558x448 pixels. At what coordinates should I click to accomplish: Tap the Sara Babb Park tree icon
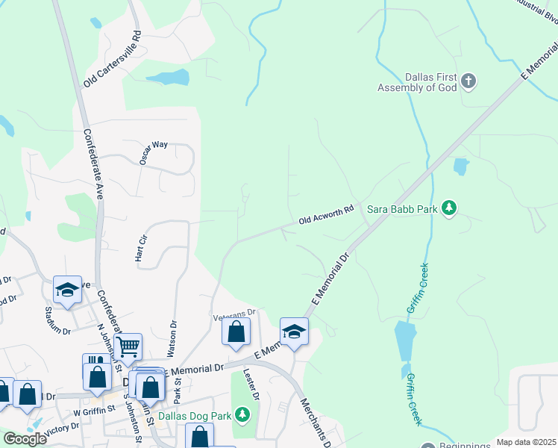tap(448, 208)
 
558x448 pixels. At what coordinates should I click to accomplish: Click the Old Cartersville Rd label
tap(113, 59)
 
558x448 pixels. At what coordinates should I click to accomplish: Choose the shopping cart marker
tap(128, 346)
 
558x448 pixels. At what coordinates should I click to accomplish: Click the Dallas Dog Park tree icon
tap(242, 414)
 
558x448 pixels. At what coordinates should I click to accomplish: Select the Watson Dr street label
tap(173, 337)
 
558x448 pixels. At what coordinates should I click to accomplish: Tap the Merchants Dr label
tap(316, 422)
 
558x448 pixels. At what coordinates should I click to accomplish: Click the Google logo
tap(25, 438)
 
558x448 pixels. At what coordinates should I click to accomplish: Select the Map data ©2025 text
tap(527, 442)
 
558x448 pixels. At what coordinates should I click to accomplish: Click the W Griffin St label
tap(94, 408)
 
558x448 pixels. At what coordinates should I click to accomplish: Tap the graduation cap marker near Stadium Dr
tap(67, 290)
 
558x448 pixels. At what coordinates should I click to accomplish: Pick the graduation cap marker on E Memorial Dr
tap(294, 332)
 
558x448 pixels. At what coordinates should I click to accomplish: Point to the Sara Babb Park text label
tap(402, 209)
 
